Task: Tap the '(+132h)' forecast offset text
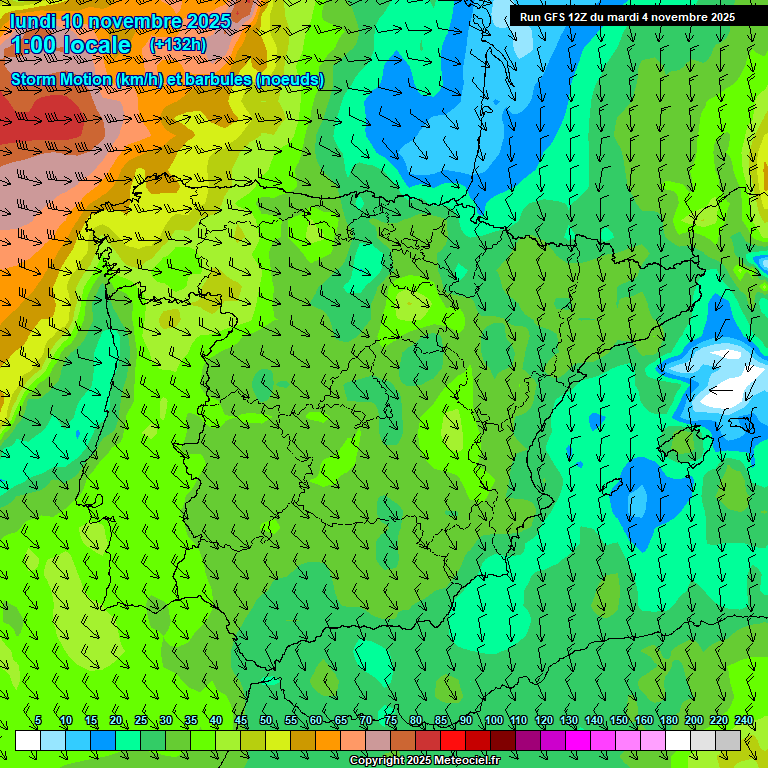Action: coord(178,45)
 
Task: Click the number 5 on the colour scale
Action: coord(38,721)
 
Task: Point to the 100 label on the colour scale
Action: coord(493,721)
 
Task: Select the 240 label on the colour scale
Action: coord(744,721)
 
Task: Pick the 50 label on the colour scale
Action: coord(265,721)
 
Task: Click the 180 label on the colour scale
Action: coord(668,721)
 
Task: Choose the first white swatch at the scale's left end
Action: coord(28,741)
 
